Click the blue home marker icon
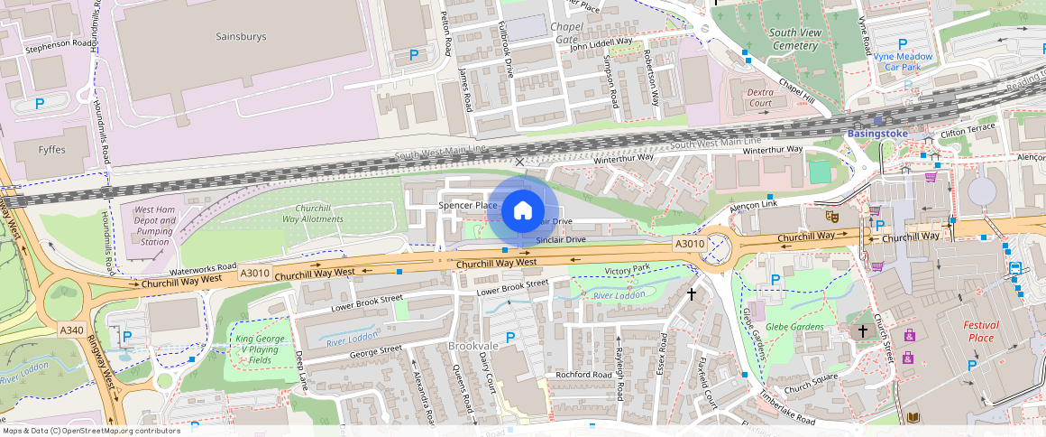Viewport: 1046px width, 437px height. [521, 212]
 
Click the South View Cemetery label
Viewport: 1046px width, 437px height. [794, 39]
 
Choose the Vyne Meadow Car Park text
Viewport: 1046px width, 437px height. [903, 61]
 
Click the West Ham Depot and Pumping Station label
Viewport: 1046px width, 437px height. [154, 226]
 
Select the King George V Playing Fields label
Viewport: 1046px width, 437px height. [257, 349]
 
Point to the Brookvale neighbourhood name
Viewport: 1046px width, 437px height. [472, 346]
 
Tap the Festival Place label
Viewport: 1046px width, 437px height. [980, 331]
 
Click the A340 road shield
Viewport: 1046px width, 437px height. [71, 330]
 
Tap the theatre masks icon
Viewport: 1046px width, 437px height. [832, 217]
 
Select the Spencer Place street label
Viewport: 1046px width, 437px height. [468, 206]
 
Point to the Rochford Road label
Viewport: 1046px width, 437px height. [583, 375]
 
